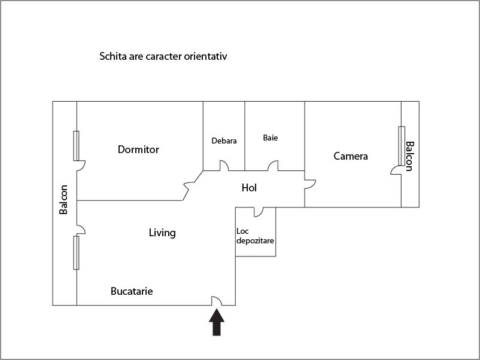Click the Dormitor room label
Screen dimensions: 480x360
(138, 150)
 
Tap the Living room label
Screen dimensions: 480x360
(162, 233)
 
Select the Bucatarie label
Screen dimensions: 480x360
(132, 291)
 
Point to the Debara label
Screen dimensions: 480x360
(224, 141)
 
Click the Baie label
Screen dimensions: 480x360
(271, 138)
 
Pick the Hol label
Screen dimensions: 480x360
(249, 188)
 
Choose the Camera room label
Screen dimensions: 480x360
(351, 156)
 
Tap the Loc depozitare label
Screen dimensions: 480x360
(255, 236)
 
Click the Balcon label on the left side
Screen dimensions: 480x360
(63, 199)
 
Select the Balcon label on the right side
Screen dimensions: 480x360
(409, 156)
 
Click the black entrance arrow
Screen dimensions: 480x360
(217, 322)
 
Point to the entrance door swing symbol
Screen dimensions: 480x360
(217, 301)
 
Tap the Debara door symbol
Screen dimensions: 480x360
(224, 166)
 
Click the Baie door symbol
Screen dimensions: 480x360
(273, 166)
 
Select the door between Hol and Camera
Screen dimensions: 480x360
(310, 184)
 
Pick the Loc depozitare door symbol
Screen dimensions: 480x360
(259, 212)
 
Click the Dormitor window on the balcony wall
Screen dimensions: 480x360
(76, 145)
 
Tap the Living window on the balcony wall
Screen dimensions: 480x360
(76, 252)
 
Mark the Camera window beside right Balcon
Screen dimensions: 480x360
(402, 146)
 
